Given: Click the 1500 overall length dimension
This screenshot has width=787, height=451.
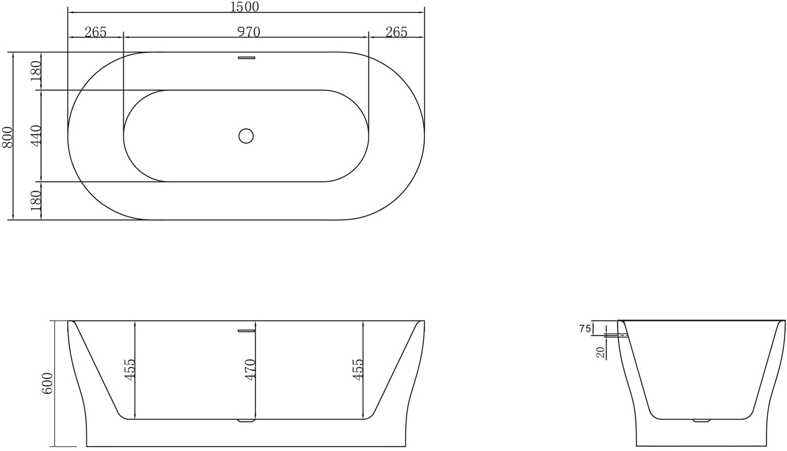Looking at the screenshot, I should click(245, 7).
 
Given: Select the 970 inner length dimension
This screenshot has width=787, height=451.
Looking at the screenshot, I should click(248, 32).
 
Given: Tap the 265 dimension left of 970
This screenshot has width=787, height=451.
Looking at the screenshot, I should click(96, 32).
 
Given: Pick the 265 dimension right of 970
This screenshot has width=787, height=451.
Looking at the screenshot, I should click(396, 32).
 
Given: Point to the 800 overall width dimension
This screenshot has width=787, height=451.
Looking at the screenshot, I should click(8, 137).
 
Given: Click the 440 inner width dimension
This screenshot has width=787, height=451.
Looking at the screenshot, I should click(36, 136).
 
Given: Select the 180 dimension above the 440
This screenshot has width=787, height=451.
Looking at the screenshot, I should click(36, 71).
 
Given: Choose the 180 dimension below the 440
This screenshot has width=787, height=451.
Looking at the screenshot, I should click(36, 200).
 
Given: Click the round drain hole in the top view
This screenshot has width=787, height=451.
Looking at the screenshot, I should click(246, 136).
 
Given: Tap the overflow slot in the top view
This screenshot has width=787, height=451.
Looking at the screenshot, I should click(246, 58).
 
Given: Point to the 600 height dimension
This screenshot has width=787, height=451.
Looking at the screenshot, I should click(47, 383).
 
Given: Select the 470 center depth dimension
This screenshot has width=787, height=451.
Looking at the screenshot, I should click(250, 370).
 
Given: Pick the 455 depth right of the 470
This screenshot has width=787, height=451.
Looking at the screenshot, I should click(358, 370).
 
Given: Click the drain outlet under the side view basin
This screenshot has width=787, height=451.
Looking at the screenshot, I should click(246, 421).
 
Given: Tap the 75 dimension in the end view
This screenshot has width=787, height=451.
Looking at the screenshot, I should click(585, 329).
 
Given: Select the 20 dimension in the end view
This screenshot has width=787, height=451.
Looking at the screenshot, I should click(600, 352).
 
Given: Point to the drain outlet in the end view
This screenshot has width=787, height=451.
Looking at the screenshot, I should click(701, 421).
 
